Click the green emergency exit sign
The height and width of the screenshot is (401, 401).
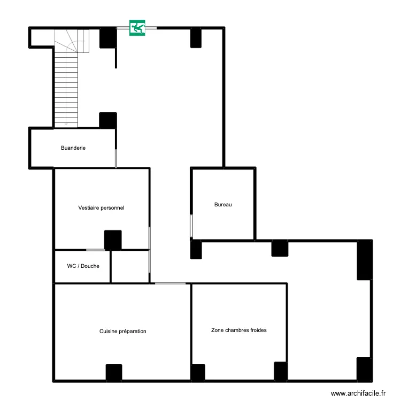(137, 28)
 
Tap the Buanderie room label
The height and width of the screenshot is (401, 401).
(73, 148)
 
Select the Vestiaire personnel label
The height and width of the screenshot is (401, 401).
(101, 207)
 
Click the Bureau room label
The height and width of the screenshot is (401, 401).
(223, 204)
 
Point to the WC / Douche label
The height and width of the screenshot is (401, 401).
(83, 266)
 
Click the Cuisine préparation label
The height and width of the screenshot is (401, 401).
(122, 331)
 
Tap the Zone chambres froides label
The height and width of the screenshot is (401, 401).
(239, 330)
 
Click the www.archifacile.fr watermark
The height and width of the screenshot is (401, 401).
(358, 393)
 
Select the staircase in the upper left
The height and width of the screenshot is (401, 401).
(67, 80)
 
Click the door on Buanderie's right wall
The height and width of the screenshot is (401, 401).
(116, 158)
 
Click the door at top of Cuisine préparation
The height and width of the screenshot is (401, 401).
(171, 283)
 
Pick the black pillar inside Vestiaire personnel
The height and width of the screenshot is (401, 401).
(113, 240)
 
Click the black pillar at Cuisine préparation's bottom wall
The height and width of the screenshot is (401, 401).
(114, 372)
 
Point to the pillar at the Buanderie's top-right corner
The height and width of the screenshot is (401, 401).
(108, 120)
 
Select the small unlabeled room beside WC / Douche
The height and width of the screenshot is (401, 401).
(130, 266)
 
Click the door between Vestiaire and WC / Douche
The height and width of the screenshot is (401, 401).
(96, 250)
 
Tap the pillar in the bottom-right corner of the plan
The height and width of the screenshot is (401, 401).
(364, 369)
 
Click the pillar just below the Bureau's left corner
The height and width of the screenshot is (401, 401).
(196, 249)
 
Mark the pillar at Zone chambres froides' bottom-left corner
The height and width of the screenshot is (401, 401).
(198, 372)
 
